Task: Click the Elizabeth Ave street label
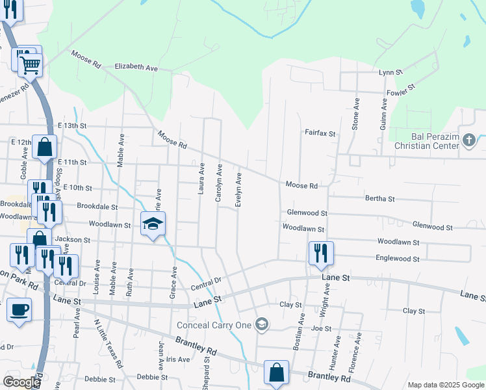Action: (136, 67)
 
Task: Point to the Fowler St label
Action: (402, 92)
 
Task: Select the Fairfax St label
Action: (320, 133)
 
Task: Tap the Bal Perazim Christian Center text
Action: (436, 142)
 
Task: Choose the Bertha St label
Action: (380, 198)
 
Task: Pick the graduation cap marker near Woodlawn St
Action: (153, 225)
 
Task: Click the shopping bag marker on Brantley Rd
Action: (276, 373)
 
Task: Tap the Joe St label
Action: (316, 329)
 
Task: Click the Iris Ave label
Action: (177, 359)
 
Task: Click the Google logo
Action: (21, 382)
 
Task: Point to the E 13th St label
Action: (71, 125)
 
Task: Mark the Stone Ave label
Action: (355, 114)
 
